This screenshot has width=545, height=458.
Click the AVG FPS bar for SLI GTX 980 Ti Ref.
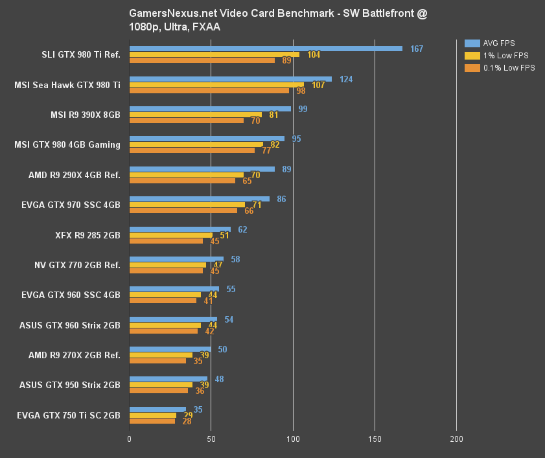coord(266,49)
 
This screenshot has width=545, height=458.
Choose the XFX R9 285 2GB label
coord(86,235)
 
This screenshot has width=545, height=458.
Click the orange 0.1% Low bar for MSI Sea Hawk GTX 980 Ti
coord(209,91)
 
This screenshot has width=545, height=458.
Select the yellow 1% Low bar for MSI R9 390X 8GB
coord(196,115)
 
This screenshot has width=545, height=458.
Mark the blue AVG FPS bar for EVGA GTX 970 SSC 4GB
coord(200,199)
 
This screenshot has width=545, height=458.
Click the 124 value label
coord(346,79)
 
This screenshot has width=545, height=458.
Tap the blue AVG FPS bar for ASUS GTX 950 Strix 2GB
coord(168,379)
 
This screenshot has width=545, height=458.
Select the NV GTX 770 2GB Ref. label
coord(77,265)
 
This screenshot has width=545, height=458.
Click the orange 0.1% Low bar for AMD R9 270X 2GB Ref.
coord(157,361)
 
